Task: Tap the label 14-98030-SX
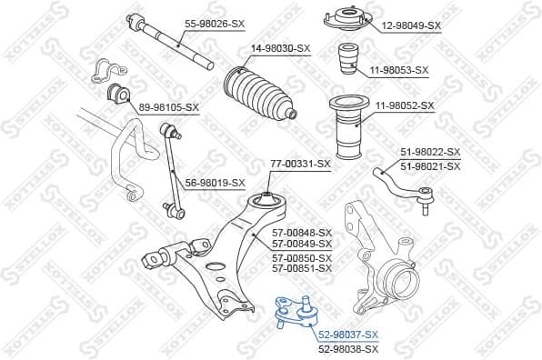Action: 279,48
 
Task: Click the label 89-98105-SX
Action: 168,107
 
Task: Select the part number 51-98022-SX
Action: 430,152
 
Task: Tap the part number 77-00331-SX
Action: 300,164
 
